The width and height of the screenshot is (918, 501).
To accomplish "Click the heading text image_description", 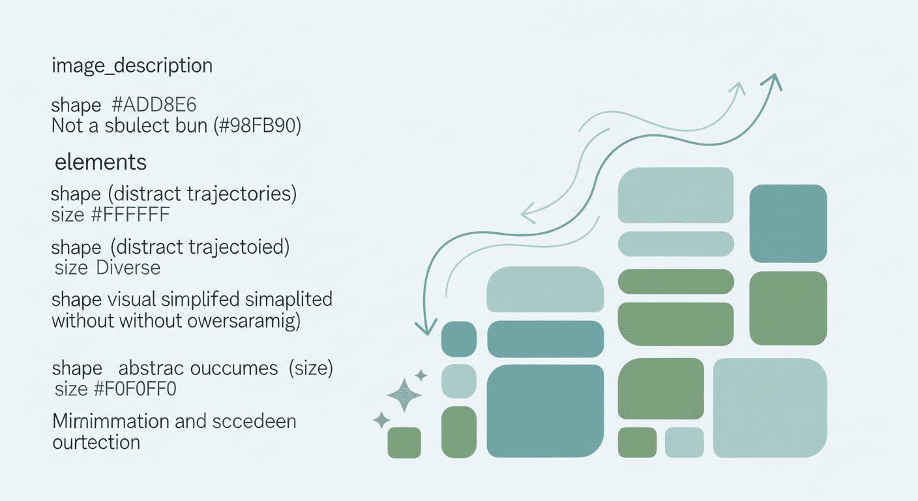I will (132, 66).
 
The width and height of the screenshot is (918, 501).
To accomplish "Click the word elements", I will (100, 162).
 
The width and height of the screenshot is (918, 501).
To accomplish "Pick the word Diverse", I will (128, 267).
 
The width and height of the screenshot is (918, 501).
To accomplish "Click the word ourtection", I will (96, 442).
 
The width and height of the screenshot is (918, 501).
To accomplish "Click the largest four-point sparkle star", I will (404, 395).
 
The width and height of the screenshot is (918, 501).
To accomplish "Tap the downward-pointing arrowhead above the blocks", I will (428, 326).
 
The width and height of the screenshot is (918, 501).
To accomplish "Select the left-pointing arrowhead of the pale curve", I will (527, 211).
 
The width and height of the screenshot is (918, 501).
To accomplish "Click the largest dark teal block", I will (545, 411).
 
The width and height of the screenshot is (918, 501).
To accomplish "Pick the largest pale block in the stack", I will (769, 408).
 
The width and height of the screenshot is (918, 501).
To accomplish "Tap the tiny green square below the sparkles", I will (404, 443).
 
